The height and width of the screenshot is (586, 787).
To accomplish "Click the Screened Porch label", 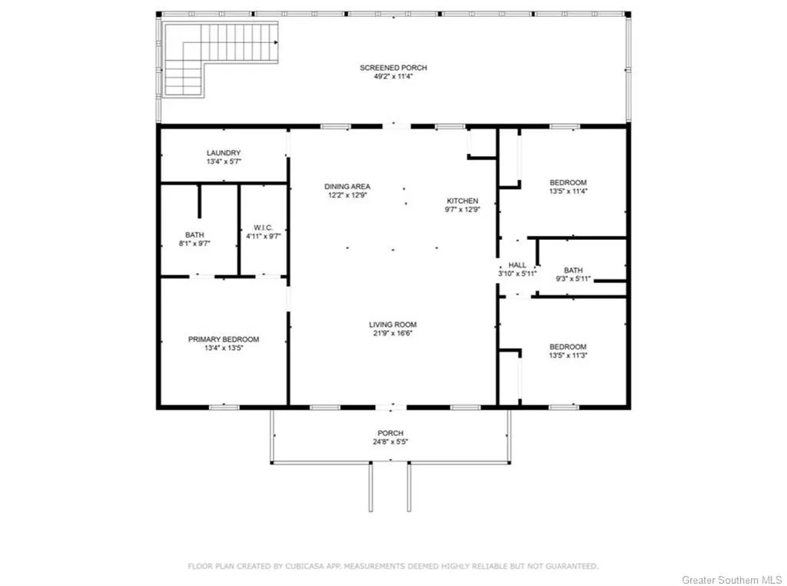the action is [x=393, y=68].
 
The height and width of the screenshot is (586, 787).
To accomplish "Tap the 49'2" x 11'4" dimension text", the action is [x=393, y=77].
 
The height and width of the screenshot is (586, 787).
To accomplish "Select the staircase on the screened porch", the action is [x=221, y=59].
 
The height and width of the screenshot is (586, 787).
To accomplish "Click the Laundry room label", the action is [x=224, y=152].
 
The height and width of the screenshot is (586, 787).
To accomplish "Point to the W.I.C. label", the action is [x=263, y=228].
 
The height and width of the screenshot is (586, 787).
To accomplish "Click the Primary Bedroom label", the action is [x=224, y=339].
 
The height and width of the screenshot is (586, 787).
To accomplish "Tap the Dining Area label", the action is [x=347, y=187].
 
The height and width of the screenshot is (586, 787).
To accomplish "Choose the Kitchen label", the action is [x=462, y=201].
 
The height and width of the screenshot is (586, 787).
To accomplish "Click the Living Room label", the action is [x=393, y=325].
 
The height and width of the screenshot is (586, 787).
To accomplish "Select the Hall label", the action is [x=517, y=265].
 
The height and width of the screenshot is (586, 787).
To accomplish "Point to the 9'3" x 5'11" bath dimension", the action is [x=573, y=279].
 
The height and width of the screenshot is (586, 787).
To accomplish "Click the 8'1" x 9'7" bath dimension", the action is [x=194, y=244].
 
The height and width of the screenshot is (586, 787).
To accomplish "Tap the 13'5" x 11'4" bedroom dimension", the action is [x=568, y=191].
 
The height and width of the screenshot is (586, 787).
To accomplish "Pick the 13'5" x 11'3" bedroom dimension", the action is [x=568, y=355].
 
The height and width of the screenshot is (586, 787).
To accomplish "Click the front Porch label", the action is [x=390, y=434].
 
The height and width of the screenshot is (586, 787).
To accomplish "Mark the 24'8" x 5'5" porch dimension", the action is [x=390, y=442].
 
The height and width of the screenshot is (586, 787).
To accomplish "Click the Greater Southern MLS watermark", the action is [x=732, y=580].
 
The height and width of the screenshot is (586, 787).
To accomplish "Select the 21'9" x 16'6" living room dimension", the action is [x=393, y=334].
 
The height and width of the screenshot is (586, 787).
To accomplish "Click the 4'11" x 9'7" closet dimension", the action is [x=263, y=236].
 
